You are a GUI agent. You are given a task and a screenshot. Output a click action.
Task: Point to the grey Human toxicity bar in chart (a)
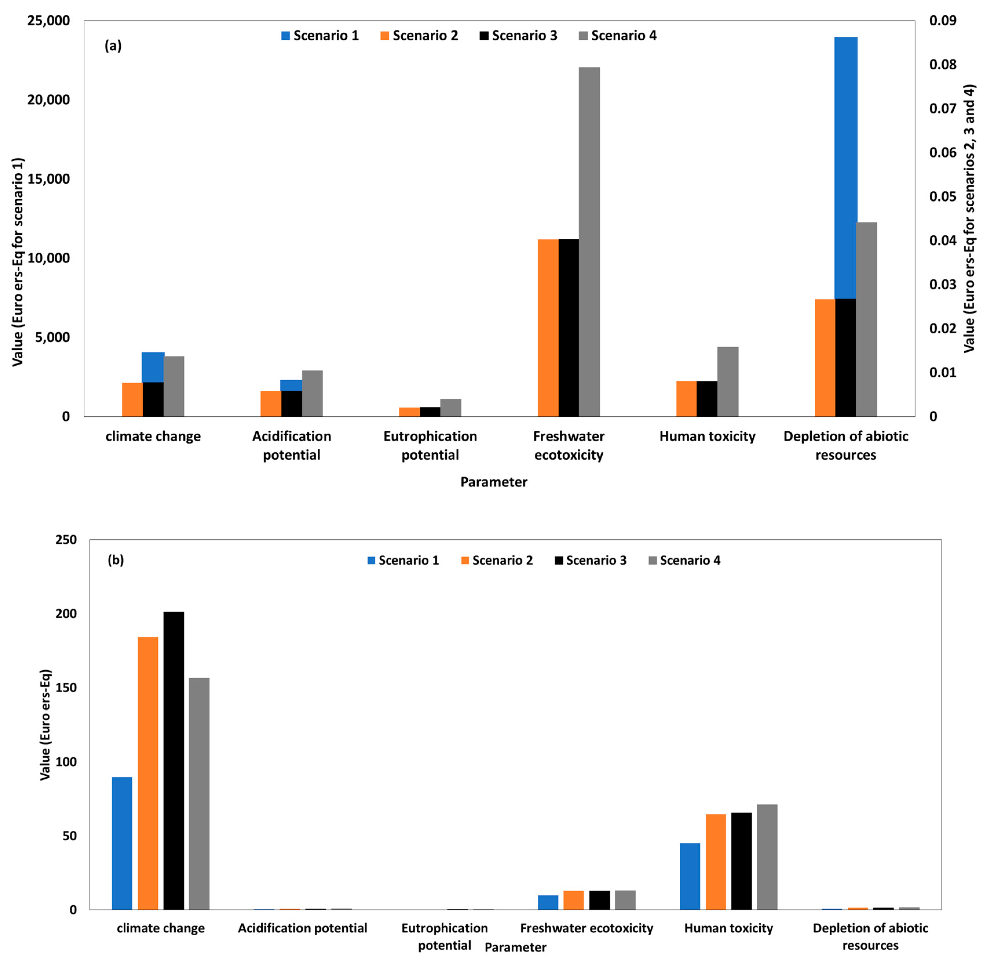(728, 381)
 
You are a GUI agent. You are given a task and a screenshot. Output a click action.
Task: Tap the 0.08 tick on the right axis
(943, 64)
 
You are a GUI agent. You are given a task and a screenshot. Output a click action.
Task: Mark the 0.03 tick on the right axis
(943, 284)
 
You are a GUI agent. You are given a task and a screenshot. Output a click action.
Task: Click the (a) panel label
(113, 46)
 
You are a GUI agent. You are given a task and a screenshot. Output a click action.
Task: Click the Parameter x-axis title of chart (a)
(493, 482)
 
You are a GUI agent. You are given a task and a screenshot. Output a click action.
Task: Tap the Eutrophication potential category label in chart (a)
(430, 445)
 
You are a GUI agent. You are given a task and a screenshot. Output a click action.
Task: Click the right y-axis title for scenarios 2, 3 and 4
(969, 218)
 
